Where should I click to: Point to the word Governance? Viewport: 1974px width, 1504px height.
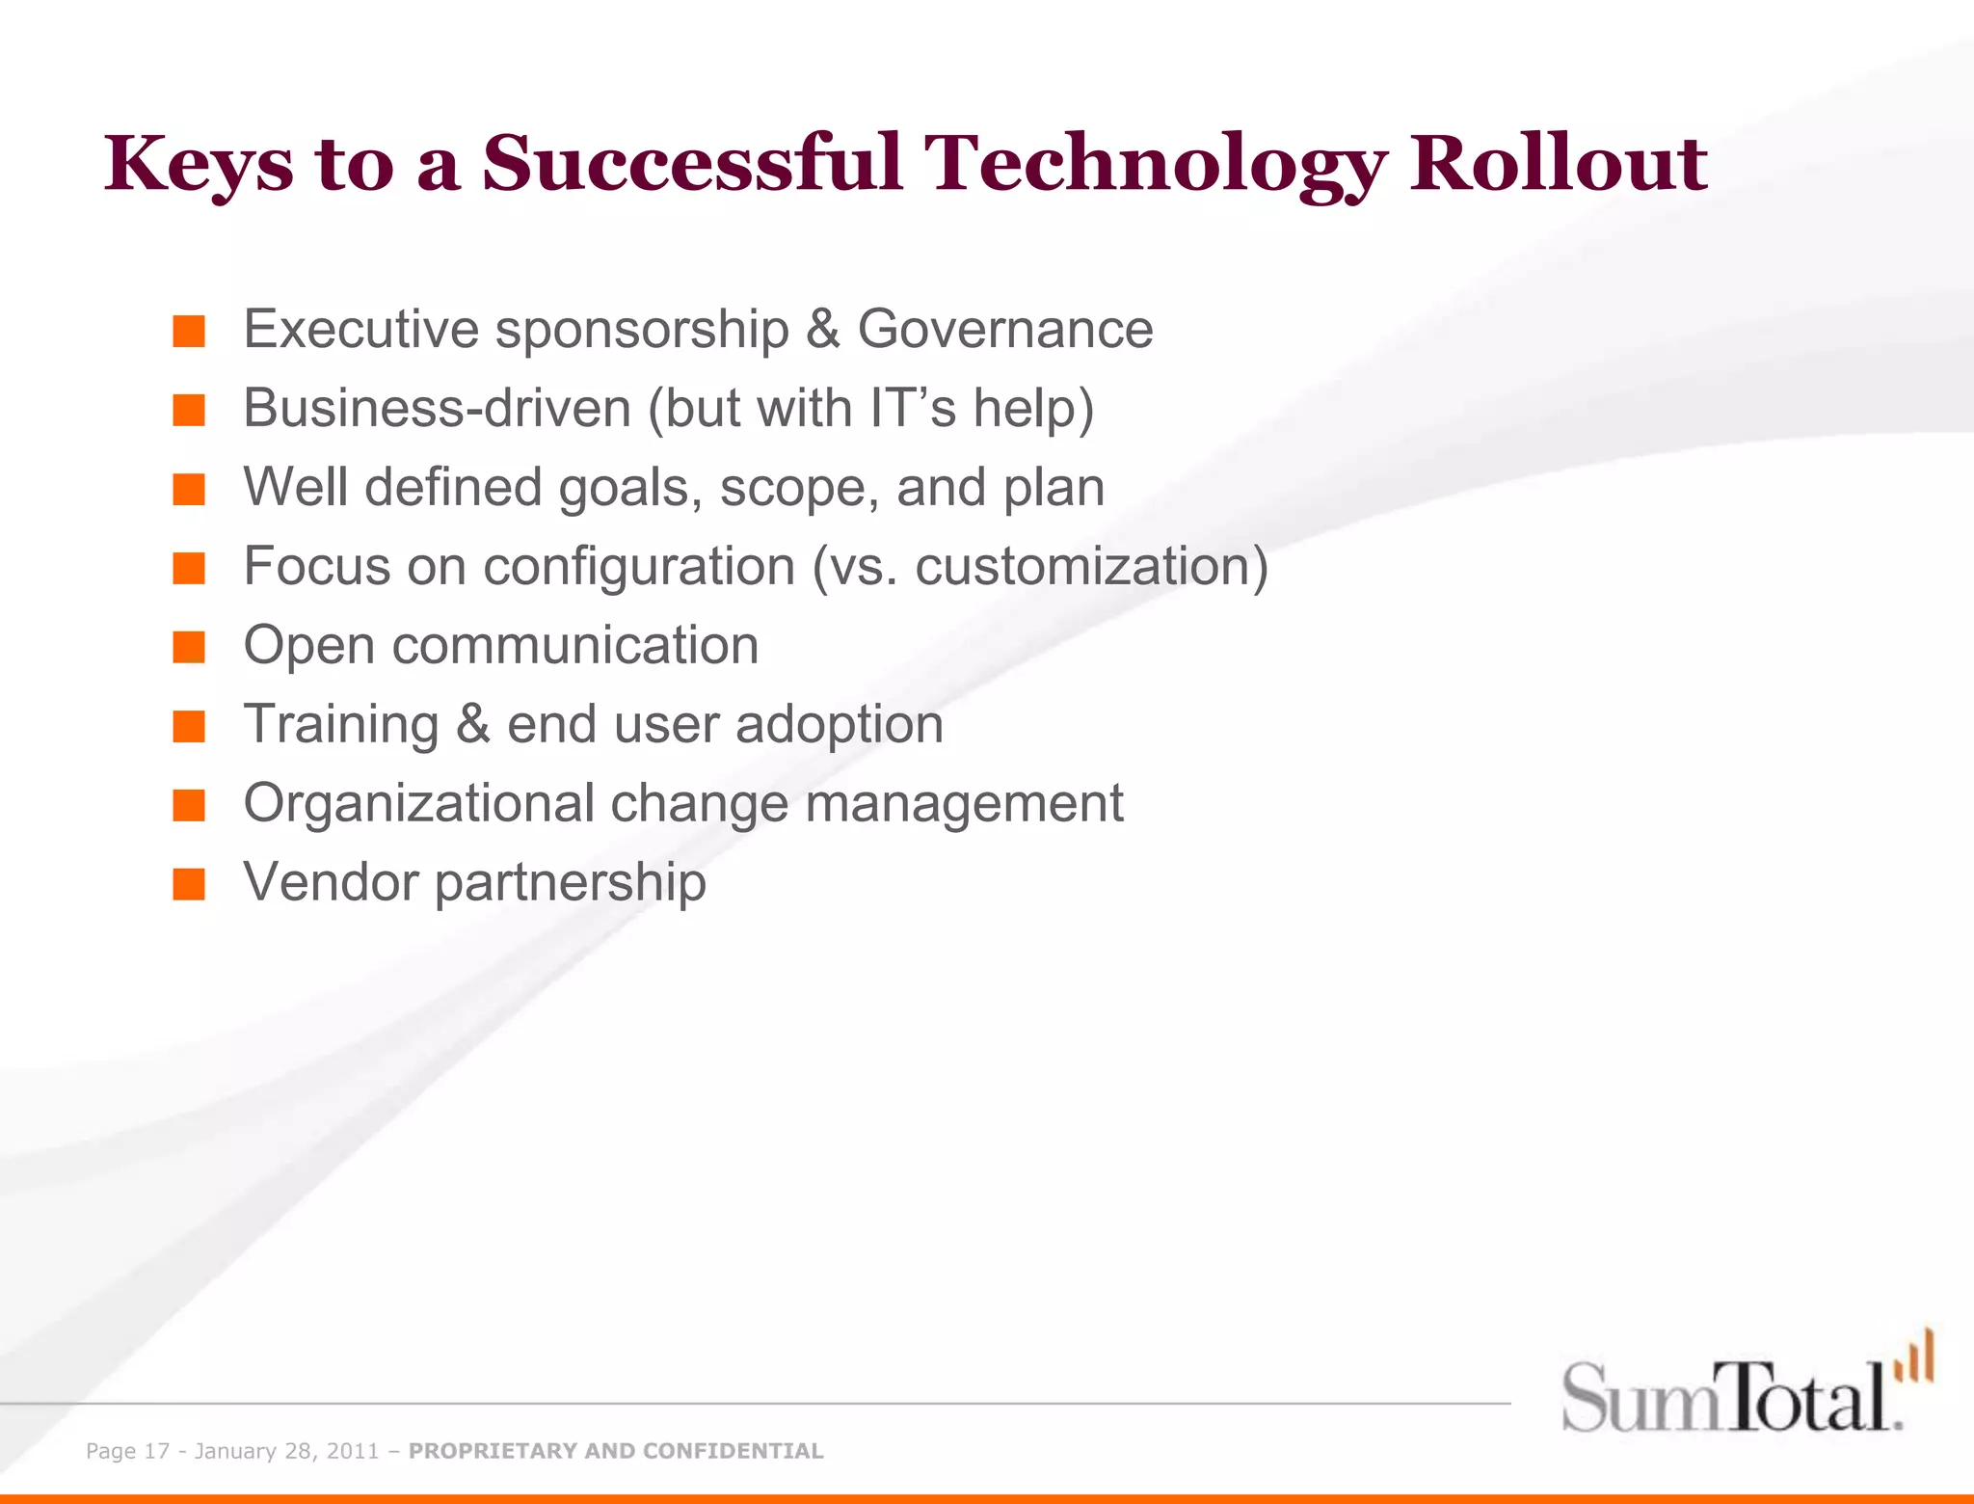click(x=1005, y=330)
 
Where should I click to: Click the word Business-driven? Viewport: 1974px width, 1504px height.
click(x=437, y=408)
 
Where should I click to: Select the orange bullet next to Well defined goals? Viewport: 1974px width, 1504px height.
click(x=189, y=489)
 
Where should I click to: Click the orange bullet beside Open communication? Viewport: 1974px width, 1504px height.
click(x=189, y=647)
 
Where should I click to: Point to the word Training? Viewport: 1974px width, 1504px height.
click(x=341, y=725)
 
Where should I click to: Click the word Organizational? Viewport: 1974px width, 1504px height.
click(x=418, y=804)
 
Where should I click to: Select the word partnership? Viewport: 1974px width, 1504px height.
click(x=570, y=883)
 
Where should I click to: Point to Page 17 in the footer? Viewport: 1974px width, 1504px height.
click(x=127, y=1451)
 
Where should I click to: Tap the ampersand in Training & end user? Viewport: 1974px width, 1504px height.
click(x=473, y=725)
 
